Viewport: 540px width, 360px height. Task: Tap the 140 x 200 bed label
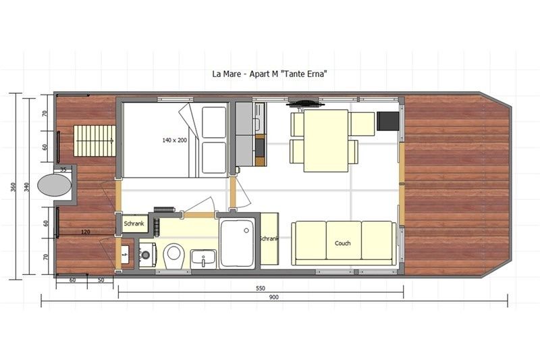[x=174, y=140]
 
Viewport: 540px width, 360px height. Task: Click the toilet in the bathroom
[x=174, y=255]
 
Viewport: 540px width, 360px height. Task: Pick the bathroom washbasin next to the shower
[x=203, y=257]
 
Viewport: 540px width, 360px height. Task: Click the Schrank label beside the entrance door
[x=132, y=223]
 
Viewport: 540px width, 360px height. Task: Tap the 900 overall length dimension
[x=273, y=297]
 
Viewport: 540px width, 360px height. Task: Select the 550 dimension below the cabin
[x=260, y=287]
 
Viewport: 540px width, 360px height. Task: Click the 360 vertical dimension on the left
[x=13, y=186]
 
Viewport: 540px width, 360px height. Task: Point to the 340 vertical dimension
[x=28, y=186]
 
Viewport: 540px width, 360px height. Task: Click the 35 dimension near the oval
[x=63, y=170]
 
